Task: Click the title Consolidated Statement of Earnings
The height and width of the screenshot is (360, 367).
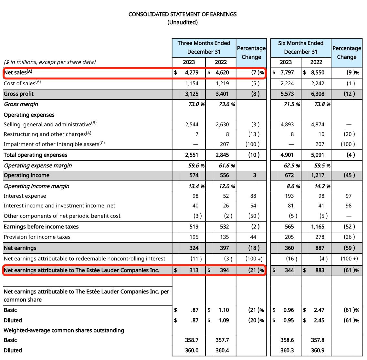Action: pos(183,14)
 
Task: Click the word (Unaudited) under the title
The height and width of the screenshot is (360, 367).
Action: pos(183,22)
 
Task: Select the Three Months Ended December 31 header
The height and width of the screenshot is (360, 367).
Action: pos(204,47)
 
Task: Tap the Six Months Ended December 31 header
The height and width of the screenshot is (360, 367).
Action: pos(300,47)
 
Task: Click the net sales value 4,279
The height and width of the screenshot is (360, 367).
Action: pos(192,72)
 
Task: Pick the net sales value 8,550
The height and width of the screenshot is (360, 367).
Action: pos(317,72)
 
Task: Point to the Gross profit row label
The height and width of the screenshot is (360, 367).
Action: pos(19,94)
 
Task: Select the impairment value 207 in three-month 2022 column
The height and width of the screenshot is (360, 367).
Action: pos(224,144)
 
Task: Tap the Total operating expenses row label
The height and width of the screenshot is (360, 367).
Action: pos(36,155)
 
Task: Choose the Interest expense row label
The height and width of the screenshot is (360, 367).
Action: pos(25,196)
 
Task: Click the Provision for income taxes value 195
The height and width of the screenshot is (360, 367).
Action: pos(194,237)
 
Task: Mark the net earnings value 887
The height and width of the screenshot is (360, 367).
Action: pos(320,248)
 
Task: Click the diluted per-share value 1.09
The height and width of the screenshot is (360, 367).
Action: pos(224,320)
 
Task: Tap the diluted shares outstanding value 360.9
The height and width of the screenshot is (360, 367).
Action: pos(318,350)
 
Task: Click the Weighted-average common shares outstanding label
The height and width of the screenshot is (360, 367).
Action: pos(64,330)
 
